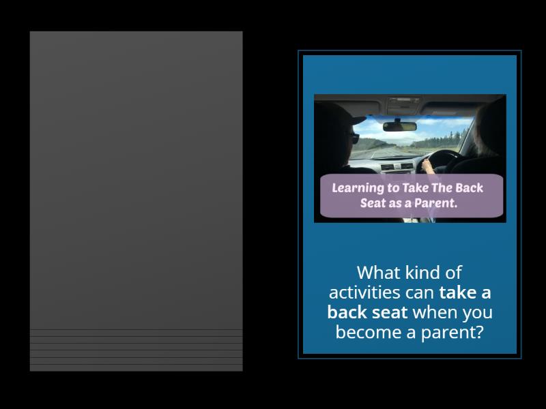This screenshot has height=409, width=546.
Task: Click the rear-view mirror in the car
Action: (399, 126)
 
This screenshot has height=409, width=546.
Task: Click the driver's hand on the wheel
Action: (428, 166)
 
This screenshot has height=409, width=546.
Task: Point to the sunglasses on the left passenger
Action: (354, 138)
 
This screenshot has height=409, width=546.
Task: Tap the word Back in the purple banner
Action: (469, 188)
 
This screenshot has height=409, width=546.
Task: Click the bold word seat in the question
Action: (390, 312)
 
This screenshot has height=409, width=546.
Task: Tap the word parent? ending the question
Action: (452, 333)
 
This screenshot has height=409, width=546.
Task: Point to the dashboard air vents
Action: (397, 167)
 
